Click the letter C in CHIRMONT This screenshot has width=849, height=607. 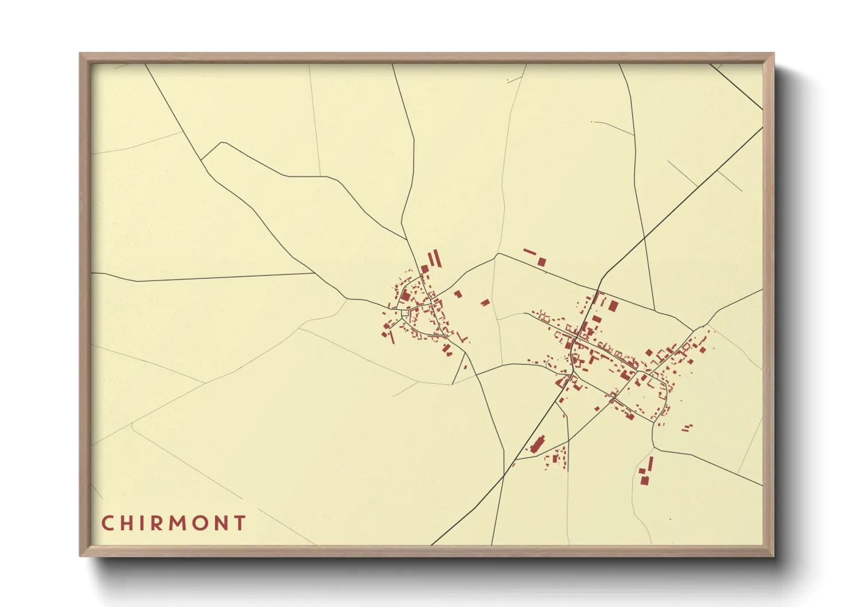pos(107,523)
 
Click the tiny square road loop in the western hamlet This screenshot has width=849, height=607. pos(405,313)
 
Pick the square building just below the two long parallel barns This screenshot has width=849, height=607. pos(425,269)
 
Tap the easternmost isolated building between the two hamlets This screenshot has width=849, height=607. pos(485,302)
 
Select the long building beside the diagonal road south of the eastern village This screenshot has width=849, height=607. pos(538,444)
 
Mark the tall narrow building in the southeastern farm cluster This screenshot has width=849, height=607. pos(651,464)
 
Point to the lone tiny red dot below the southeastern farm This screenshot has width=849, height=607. pos(670,520)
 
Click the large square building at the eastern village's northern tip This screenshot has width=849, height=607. pos(613,306)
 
